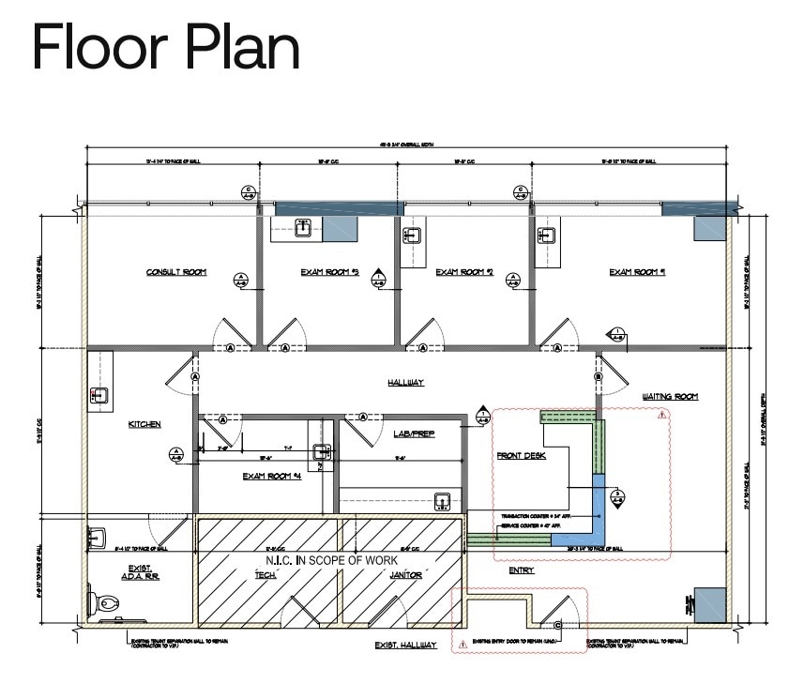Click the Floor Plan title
(166, 47)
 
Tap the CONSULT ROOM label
(175, 273)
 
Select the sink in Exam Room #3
(303, 227)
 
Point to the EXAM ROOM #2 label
(464, 273)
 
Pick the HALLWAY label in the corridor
(406, 383)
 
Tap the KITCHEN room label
(144, 424)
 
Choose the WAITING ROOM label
(670, 397)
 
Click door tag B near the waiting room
(598, 377)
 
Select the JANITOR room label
(405, 575)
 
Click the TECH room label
(265, 575)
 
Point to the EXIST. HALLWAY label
(405, 646)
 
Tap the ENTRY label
(522, 570)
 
